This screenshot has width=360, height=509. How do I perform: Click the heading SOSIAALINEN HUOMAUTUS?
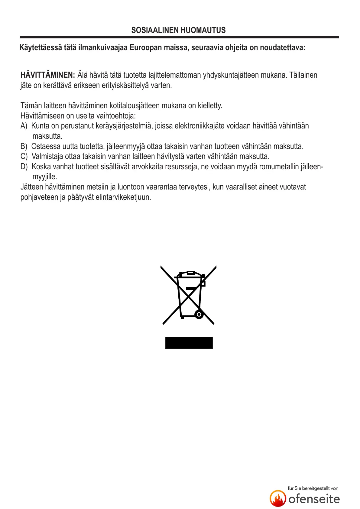click(x=178, y=30)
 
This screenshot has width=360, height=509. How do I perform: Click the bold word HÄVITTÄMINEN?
click(x=47, y=75)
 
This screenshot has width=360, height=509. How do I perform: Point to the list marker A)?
click(x=24, y=126)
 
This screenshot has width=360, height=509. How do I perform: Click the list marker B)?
click(x=24, y=147)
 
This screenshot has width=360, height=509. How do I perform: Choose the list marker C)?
click(x=24, y=157)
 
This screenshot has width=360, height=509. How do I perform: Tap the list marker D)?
click(x=24, y=167)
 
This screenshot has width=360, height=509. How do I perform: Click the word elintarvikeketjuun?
click(x=123, y=197)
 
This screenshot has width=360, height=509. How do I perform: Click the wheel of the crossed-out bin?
click(x=199, y=314)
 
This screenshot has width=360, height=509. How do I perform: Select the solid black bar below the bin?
click(x=189, y=343)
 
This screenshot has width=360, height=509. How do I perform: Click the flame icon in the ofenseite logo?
click(x=278, y=498)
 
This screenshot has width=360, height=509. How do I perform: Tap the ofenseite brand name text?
click(x=314, y=499)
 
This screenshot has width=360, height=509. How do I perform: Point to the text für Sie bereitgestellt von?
click(x=313, y=488)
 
